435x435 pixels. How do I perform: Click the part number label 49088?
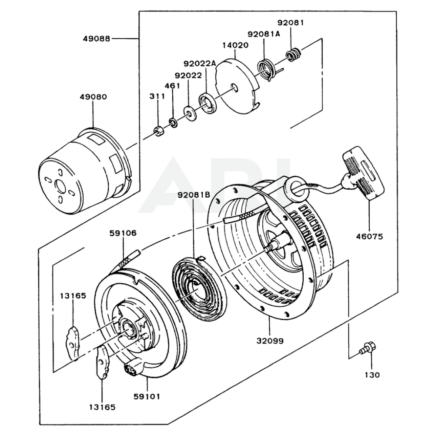point(96,38)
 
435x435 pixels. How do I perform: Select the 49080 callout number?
point(93,97)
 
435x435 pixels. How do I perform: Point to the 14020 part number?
point(235,45)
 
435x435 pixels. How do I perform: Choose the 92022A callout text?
point(199,63)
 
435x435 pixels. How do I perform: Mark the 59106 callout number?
point(123,233)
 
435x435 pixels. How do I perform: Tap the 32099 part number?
point(270,341)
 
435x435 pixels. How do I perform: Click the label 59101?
point(147,396)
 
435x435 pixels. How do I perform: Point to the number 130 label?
point(372,375)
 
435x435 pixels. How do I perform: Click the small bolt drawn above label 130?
point(368,348)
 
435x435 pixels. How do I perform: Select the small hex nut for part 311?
point(159,131)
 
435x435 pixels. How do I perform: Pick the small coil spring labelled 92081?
point(293,54)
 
